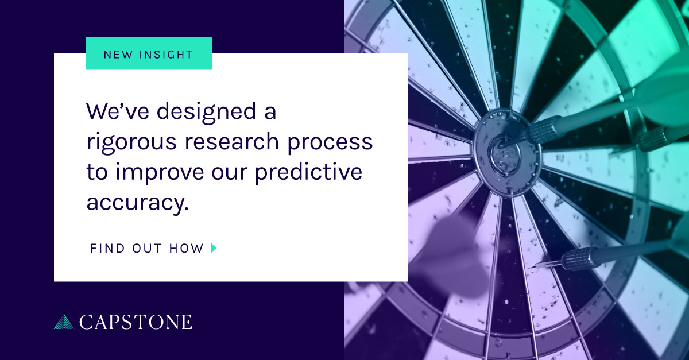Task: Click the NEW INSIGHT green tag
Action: point(148,53)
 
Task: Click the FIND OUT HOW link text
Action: point(147,249)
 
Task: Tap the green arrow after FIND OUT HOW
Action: point(214,249)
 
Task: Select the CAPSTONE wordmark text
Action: point(136,322)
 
